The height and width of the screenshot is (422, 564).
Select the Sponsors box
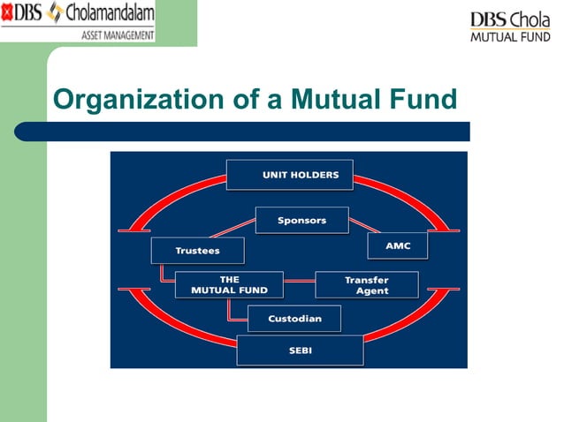301,220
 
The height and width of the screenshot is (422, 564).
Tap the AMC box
397,245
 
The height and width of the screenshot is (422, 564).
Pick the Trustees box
196,251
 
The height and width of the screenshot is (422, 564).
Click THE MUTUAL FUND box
229,284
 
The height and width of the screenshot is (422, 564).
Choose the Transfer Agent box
366,284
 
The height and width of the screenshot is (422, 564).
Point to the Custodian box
294,319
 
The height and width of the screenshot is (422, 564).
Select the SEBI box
300,350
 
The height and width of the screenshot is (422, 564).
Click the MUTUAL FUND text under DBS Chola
510,37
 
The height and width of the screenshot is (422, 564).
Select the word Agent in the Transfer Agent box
371,291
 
